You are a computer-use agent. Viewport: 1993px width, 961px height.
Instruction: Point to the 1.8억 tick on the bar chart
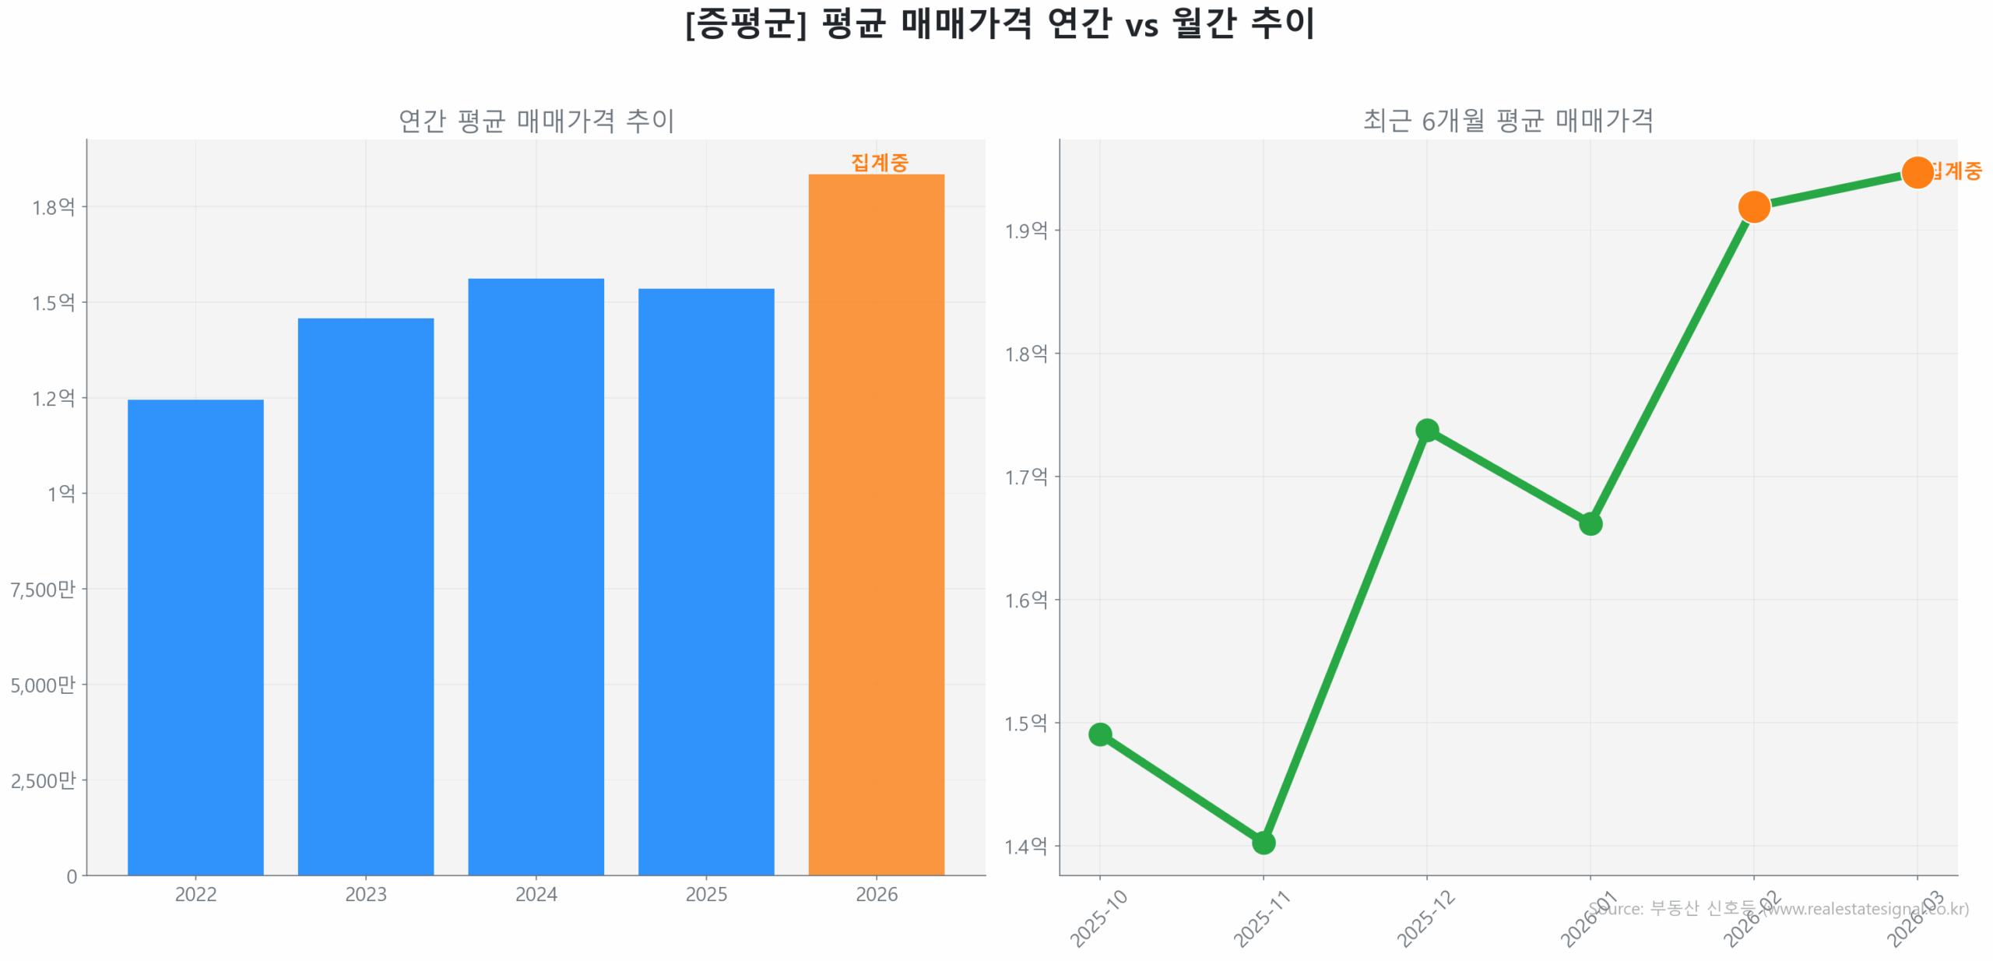tap(53, 206)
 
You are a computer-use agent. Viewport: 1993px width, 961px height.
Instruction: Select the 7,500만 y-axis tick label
tap(43, 588)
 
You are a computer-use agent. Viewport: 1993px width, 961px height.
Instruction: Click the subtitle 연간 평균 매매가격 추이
tap(535, 121)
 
